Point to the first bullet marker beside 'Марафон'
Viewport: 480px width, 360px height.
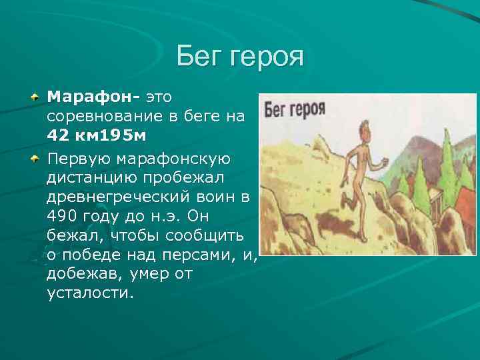(33, 98)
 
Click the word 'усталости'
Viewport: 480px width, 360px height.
(90, 293)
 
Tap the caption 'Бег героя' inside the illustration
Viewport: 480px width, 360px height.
(295, 110)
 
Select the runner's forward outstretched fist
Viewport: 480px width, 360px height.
(382, 167)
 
